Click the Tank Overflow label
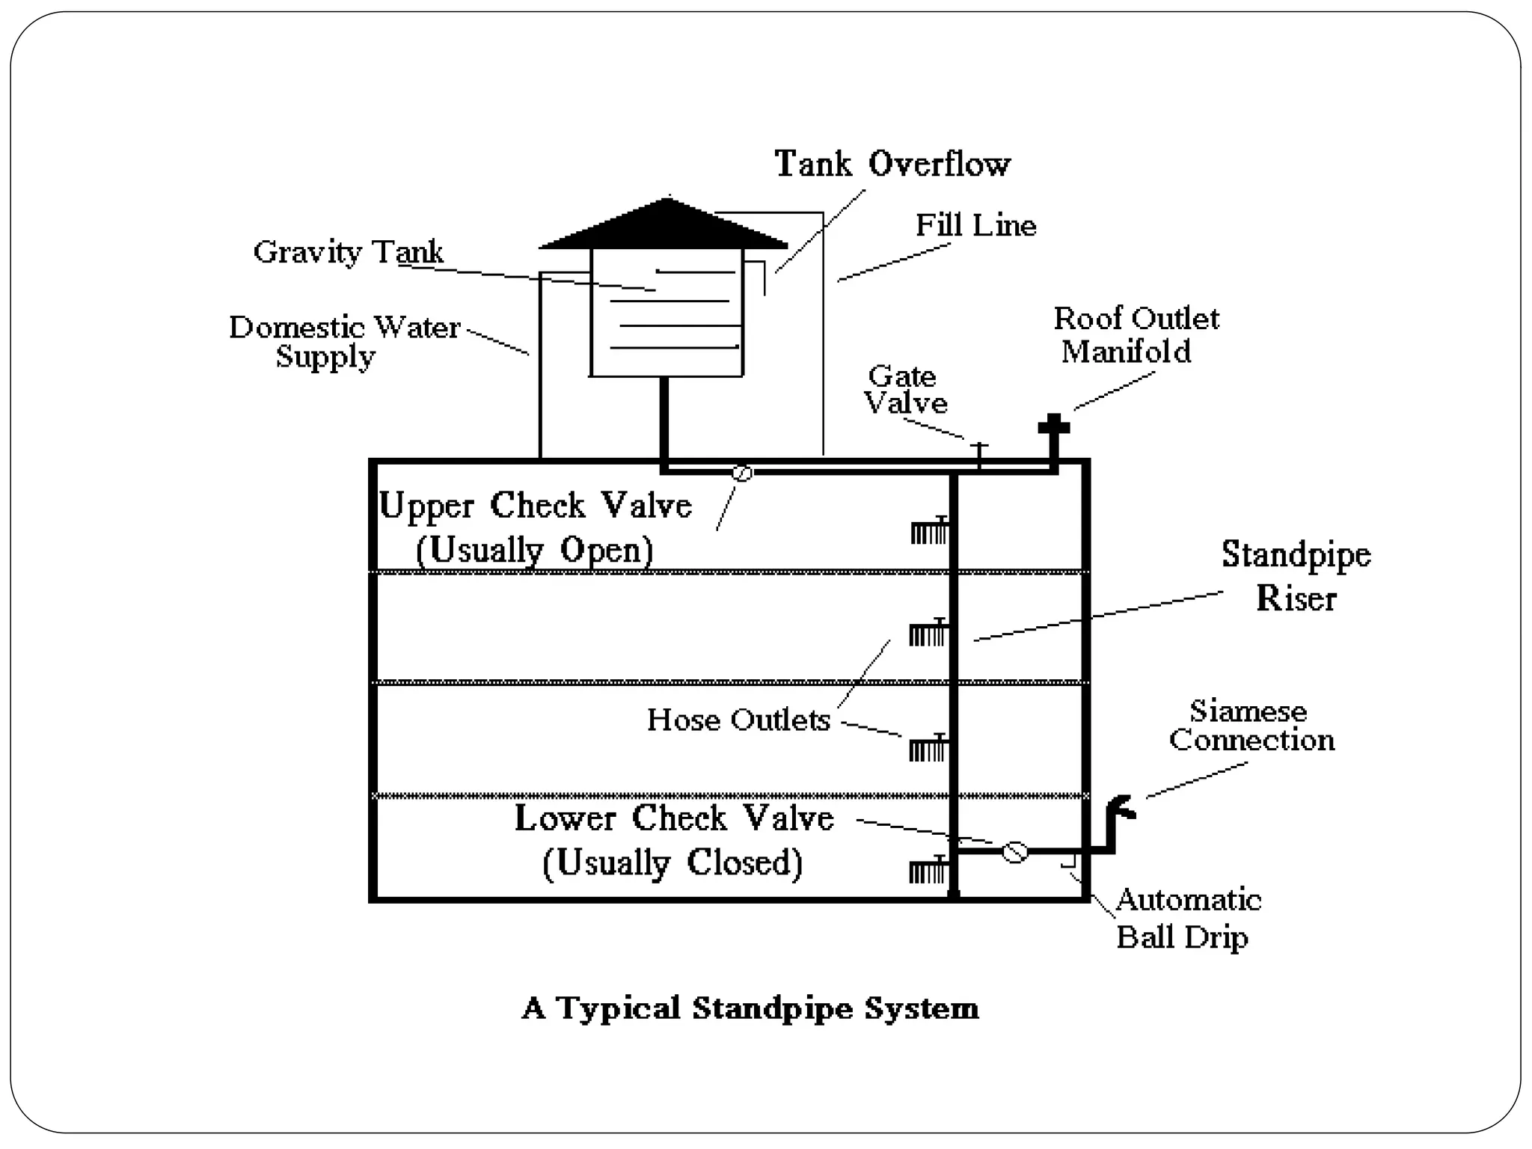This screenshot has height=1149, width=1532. (892, 164)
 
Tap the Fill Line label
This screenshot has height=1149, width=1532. (975, 225)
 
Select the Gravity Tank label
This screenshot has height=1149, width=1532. (348, 251)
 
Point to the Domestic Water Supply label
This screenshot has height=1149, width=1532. (343, 341)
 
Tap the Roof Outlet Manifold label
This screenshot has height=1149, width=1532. (1135, 334)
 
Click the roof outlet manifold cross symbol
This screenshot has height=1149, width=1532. (1053, 427)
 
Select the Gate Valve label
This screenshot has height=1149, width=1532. (905, 389)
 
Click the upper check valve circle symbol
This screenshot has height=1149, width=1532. (742, 473)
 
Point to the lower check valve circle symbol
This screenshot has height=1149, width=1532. (1014, 852)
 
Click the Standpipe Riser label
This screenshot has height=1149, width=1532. (1296, 576)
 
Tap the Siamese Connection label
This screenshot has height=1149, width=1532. (1251, 725)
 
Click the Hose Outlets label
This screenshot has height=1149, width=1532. (738, 720)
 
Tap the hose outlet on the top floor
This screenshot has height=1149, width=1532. (929, 532)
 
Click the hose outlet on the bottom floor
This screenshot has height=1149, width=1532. (928, 871)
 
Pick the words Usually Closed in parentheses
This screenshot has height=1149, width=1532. (672, 862)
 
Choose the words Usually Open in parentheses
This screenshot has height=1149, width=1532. (534, 550)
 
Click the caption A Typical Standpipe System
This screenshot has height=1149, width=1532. (750, 1008)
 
